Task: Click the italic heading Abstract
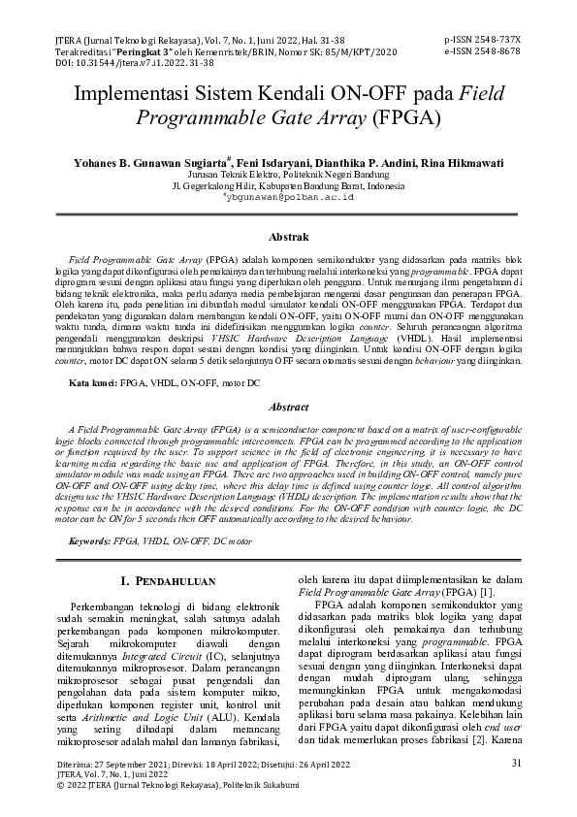tap(288, 408)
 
